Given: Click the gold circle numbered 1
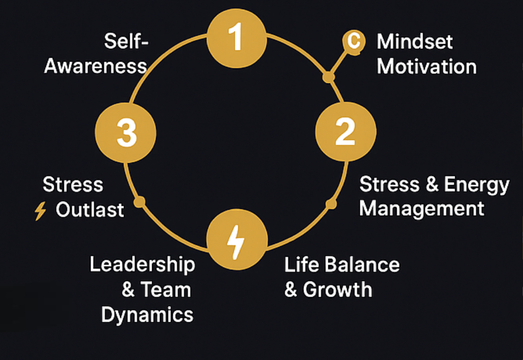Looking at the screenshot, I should pyautogui.click(x=236, y=38).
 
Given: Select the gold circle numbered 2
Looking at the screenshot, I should pyautogui.click(x=345, y=131).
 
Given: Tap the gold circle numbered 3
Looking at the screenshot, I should pyautogui.click(x=126, y=132).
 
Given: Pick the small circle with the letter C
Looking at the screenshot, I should pyautogui.click(x=354, y=41).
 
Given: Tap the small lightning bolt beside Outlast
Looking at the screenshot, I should pyautogui.click(x=40, y=211).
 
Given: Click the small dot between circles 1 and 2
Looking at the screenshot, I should pyautogui.click(x=329, y=77).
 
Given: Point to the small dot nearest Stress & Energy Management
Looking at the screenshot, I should pyautogui.click(x=331, y=204).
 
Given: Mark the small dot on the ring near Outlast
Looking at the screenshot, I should pyautogui.click(x=139, y=202).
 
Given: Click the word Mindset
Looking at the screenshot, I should pyautogui.click(x=415, y=42).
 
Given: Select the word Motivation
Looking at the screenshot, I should pyautogui.click(x=427, y=67).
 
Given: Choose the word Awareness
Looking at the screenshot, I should pyautogui.click(x=95, y=66).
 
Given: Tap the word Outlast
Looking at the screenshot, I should pyautogui.click(x=90, y=210).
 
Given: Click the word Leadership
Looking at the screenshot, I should pyautogui.click(x=142, y=265).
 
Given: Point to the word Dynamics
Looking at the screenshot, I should pyautogui.click(x=147, y=315).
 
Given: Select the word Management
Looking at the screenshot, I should pyautogui.click(x=422, y=209).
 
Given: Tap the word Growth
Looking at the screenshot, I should pyautogui.click(x=338, y=290).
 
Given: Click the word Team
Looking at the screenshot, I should pyautogui.click(x=166, y=290).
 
